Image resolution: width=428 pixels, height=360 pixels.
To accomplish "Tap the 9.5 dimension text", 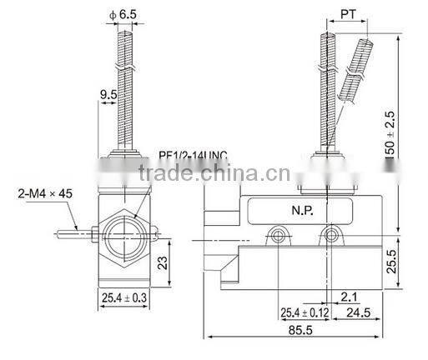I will pos(108,96).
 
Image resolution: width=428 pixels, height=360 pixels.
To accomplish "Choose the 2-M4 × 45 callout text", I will pos(43,193).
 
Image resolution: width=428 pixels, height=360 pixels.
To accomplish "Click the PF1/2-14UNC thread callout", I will pos(193,155).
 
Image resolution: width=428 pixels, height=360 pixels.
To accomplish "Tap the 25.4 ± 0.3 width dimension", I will pos(125,297).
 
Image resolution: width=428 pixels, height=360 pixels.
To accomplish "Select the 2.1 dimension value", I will pos(348,295).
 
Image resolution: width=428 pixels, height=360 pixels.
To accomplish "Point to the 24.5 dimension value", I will pos(359,312).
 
